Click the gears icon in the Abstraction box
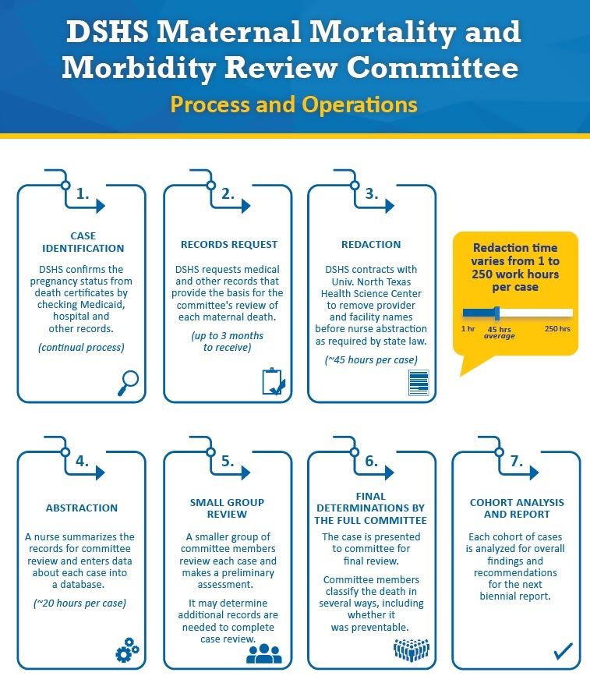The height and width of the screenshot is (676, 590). (x=126, y=650)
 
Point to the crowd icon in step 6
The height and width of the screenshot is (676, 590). (x=411, y=650)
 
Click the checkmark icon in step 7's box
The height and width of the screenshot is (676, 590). (x=562, y=649)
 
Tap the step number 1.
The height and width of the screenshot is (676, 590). (x=83, y=195)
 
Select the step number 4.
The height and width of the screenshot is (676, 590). (x=82, y=461)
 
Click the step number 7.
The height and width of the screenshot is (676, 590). (x=516, y=461)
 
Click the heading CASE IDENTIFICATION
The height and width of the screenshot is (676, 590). (x=83, y=242)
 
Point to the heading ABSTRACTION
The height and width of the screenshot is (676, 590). (x=82, y=508)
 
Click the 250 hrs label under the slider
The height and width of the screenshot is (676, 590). (x=557, y=329)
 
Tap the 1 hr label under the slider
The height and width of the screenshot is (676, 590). (x=468, y=329)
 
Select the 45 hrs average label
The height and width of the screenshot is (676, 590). (x=499, y=332)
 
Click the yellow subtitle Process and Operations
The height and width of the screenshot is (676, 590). (x=294, y=104)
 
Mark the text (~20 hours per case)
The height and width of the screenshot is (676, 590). (x=82, y=603)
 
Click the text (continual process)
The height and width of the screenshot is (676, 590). (x=82, y=345)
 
